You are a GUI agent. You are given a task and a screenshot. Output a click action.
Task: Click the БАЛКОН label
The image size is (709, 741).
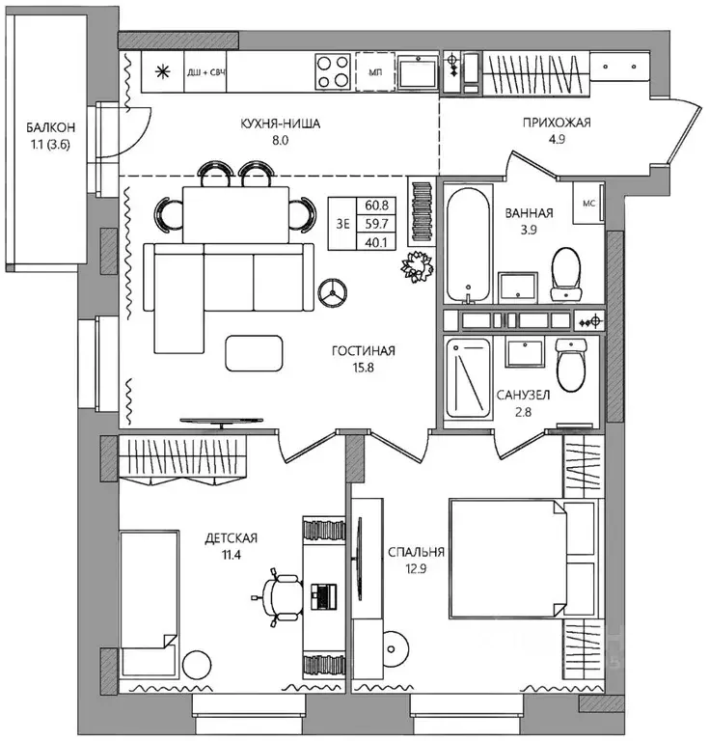[50, 127]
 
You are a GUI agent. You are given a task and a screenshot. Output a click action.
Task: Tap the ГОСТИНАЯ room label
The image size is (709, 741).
[364, 350]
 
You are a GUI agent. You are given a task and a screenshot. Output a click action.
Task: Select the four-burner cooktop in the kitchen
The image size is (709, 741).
[333, 71]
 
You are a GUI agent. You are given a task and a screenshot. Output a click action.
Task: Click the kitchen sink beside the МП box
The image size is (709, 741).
[418, 71]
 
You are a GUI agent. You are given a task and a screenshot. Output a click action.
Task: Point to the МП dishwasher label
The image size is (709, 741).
[375, 72]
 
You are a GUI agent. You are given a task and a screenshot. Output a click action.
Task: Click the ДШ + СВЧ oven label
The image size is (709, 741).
[205, 72]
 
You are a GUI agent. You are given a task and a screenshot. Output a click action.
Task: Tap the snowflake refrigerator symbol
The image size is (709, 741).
[162, 71]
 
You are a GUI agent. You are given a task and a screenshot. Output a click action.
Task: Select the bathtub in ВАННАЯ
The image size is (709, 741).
[468, 245]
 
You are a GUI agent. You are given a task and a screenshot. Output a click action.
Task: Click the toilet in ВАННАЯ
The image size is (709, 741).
[566, 274]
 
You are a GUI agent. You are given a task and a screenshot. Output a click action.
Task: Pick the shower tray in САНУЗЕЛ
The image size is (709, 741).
[469, 377]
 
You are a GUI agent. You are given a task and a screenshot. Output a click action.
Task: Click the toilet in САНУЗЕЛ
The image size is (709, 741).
[572, 365]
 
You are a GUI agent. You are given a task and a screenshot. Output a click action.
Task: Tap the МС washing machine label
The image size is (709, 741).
[589, 204]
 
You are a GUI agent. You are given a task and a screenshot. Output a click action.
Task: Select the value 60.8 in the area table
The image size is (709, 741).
[376, 206]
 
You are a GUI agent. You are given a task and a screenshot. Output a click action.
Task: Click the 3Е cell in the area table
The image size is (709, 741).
[343, 224]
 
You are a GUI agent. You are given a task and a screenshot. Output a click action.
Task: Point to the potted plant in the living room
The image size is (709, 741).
[417, 266]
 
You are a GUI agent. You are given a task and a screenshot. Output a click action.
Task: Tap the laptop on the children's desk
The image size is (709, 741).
[323, 596]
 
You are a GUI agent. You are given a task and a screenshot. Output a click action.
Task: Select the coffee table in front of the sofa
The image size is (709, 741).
[254, 353]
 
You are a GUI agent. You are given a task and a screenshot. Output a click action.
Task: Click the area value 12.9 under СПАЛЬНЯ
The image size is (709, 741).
[416, 568]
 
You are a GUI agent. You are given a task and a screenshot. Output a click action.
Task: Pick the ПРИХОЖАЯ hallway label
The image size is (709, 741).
[557, 123]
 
